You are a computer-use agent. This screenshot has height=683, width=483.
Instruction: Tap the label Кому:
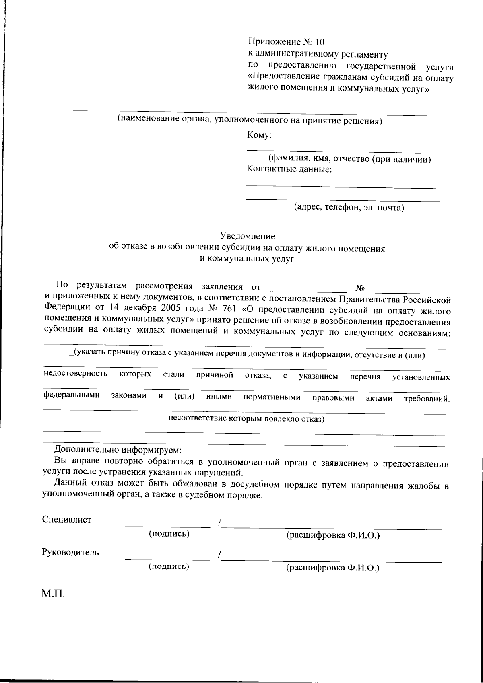(x=260, y=136)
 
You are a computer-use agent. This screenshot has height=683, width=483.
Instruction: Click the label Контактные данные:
(x=289, y=169)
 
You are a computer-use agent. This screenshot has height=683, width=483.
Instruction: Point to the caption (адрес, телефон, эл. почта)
(x=348, y=208)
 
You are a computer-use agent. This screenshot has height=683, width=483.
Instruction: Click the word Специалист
(x=67, y=519)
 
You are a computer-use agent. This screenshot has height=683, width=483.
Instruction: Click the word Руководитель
(x=70, y=552)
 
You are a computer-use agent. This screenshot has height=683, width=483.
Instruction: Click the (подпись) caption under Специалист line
(x=169, y=534)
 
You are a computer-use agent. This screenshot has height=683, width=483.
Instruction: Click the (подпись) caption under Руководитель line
(x=169, y=567)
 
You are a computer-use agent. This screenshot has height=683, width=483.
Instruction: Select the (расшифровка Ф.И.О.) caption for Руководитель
(x=333, y=568)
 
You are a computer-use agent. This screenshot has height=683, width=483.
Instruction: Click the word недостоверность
(x=75, y=374)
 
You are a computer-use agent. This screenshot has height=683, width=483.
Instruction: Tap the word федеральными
(x=71, y=396)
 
